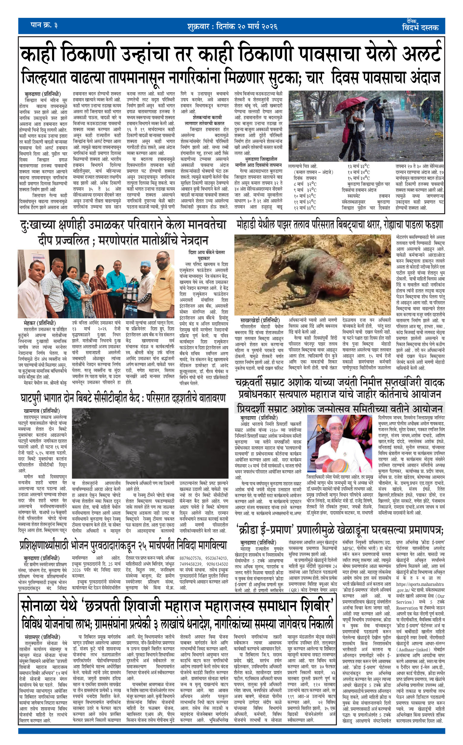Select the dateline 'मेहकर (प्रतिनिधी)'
[39, 323]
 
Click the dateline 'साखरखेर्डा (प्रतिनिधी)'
[260, 320]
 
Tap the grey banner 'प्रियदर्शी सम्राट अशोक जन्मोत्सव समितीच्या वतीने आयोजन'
[339, 409]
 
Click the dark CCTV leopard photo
[150, 443]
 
